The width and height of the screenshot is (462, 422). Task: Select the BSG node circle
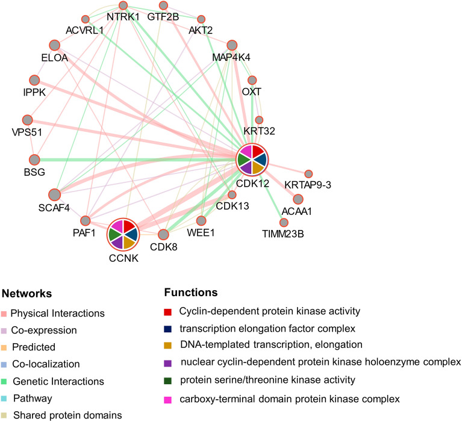[x=35, y=160]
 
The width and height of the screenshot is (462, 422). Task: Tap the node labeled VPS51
[x=27, y=120]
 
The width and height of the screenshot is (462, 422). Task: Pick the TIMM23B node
[x=284, y=223]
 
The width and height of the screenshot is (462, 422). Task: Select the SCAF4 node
[x=54, y=194]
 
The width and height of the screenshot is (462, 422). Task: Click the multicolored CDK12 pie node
[x=252, y=160]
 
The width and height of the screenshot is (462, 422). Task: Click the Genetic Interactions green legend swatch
[x=5, y=382]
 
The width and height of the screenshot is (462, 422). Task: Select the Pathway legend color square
[x=5, y=399]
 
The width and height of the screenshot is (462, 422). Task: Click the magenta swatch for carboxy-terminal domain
[x=170, y=399]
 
